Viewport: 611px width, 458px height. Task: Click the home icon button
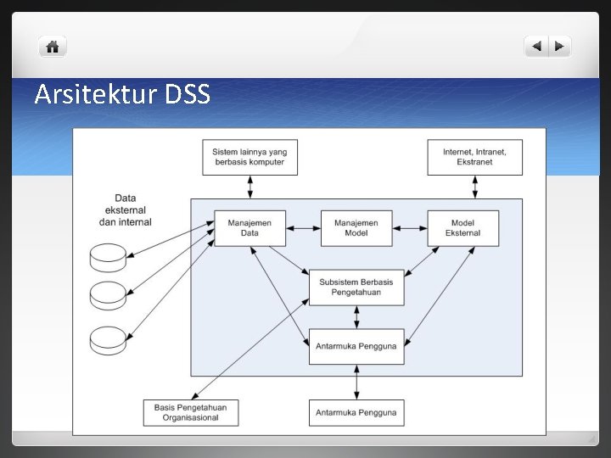point(53,47)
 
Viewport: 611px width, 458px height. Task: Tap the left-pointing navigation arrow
point(536,47)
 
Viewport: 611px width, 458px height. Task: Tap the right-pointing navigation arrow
point(559,47)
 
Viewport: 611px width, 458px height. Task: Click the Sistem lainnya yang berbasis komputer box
point(249,157)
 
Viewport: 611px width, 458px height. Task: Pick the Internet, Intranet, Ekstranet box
point(474,157)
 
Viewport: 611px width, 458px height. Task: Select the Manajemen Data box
point(249,227)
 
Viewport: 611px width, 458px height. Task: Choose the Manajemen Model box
point(356,227)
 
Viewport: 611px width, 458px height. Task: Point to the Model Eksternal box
point(462,227)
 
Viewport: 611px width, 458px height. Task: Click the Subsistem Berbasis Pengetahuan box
point(356,288)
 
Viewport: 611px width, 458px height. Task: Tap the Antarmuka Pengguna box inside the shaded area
point(356,346)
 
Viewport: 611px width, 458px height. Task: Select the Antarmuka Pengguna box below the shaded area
point(356,412)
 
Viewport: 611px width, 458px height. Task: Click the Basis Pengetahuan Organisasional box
point(191,412)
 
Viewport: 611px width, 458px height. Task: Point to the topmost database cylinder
point(109,254)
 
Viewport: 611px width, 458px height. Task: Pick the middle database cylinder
point(109,294)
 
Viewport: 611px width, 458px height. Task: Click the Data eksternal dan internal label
point(126,209)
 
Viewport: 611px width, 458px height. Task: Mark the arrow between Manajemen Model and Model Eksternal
point(410,227)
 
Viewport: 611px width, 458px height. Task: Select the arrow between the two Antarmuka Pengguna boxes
point(356,382)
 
